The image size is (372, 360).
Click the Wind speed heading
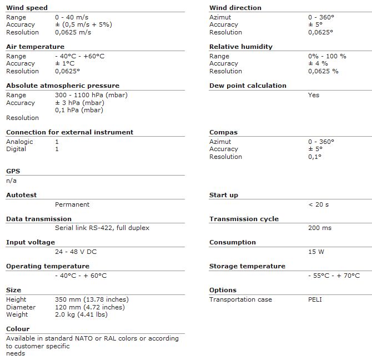27,8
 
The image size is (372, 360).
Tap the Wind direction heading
235,8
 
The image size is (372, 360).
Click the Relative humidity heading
240,47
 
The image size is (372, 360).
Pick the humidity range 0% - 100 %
327,56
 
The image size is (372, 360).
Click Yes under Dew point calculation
314,95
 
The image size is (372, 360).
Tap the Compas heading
223,132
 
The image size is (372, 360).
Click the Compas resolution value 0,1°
315,157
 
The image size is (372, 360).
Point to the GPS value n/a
12,181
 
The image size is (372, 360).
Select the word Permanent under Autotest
72,204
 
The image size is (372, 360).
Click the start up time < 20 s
318,204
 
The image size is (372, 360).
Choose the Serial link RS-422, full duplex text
102,228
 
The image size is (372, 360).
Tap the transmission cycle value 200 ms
319,228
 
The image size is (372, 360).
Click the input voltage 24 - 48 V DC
76,252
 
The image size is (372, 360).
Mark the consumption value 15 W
316,252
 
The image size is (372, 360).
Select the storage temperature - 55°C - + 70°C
334,276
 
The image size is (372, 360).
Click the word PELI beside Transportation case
315,299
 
